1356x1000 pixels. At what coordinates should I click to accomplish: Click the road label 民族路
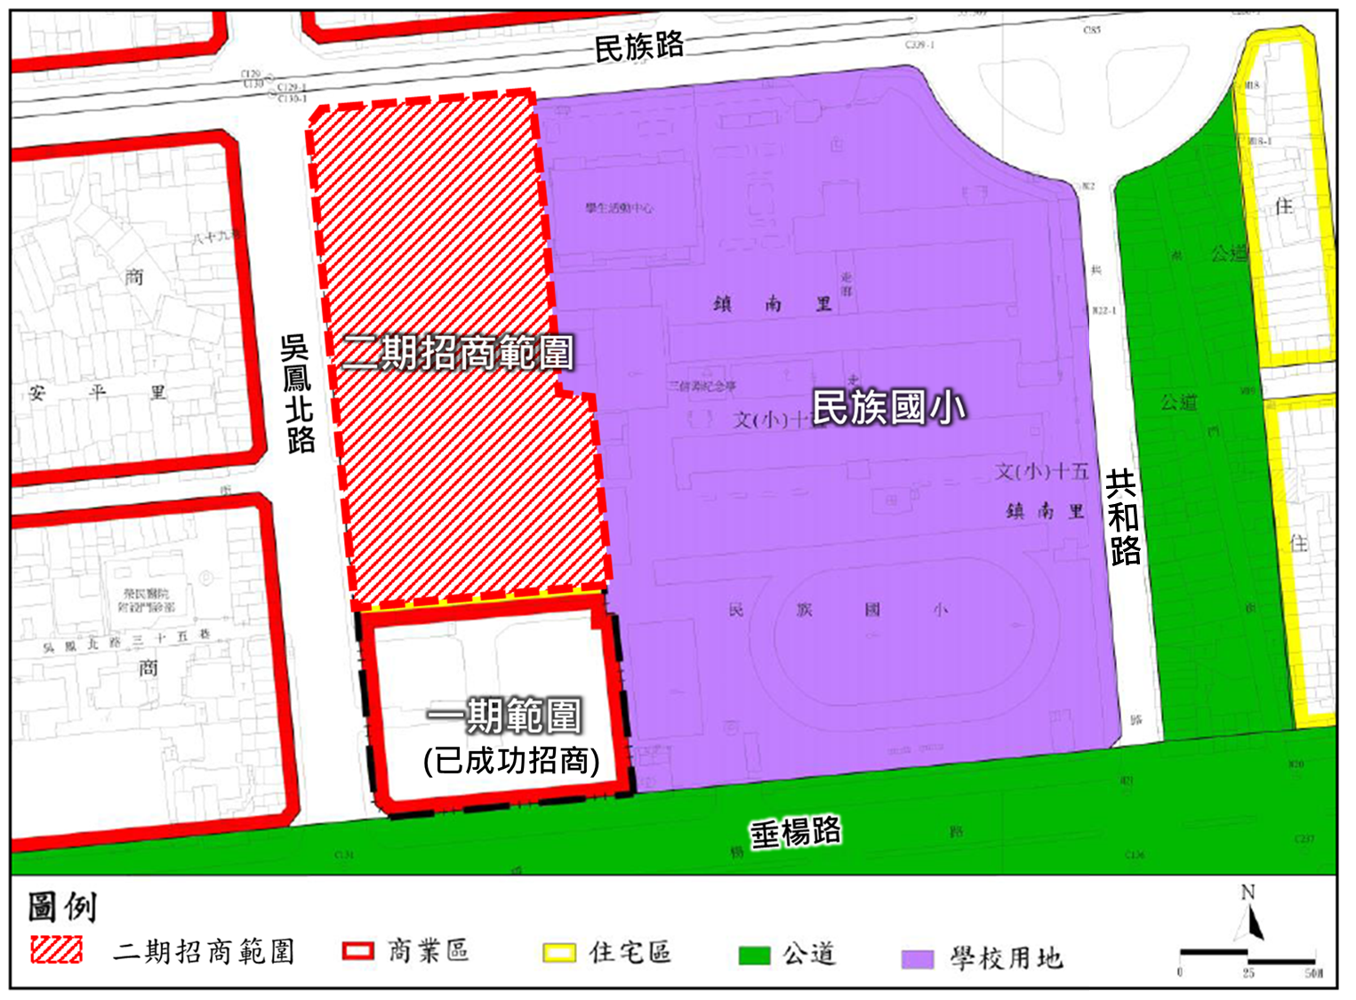638,46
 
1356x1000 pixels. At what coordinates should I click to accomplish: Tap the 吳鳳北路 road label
299,394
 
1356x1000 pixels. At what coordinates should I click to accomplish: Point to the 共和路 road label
1123,518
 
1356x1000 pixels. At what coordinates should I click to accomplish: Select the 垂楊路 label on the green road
795,833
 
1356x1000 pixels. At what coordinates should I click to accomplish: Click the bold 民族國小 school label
888,408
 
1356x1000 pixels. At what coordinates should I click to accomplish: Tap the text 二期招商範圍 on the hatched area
458,353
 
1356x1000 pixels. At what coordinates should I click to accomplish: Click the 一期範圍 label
504,716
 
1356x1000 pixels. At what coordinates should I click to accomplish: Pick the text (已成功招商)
511,761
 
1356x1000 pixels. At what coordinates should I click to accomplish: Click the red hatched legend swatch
56,950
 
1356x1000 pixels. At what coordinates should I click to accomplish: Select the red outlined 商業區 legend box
357,951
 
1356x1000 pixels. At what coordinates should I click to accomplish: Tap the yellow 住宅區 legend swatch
560,953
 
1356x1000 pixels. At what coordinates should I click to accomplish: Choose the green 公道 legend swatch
754,956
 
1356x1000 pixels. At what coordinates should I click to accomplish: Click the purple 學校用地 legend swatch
917,958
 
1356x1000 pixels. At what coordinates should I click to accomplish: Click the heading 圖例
62,907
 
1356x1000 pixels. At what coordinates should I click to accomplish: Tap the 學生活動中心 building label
619,208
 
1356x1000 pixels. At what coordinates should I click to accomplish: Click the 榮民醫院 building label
147,593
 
